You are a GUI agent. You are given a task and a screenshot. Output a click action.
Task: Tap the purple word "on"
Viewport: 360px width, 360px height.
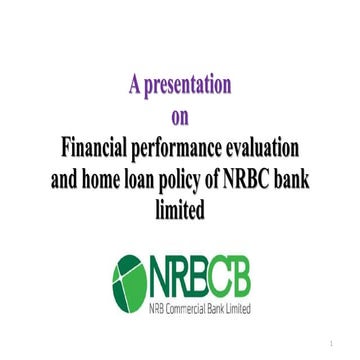pos(180,117)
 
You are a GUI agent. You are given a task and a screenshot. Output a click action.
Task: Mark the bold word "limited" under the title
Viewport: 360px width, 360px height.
pos(180,211)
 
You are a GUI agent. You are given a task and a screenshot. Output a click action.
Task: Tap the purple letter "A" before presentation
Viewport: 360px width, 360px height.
pos(133,85)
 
